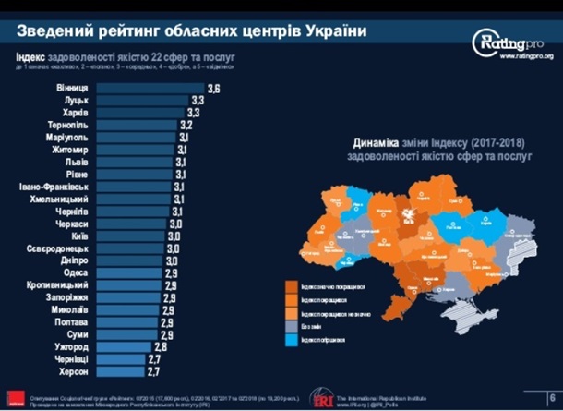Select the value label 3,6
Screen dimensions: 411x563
click(x=214, y=88)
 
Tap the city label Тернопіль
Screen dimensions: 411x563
click(x=68, y=125)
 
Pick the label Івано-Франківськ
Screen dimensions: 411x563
click(x=53, y=187)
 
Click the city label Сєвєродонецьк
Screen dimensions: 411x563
click(x=57, y=248)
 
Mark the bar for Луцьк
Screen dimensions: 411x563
click(x=142, y=100)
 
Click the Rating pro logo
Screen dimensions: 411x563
click(x=507, y=42)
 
